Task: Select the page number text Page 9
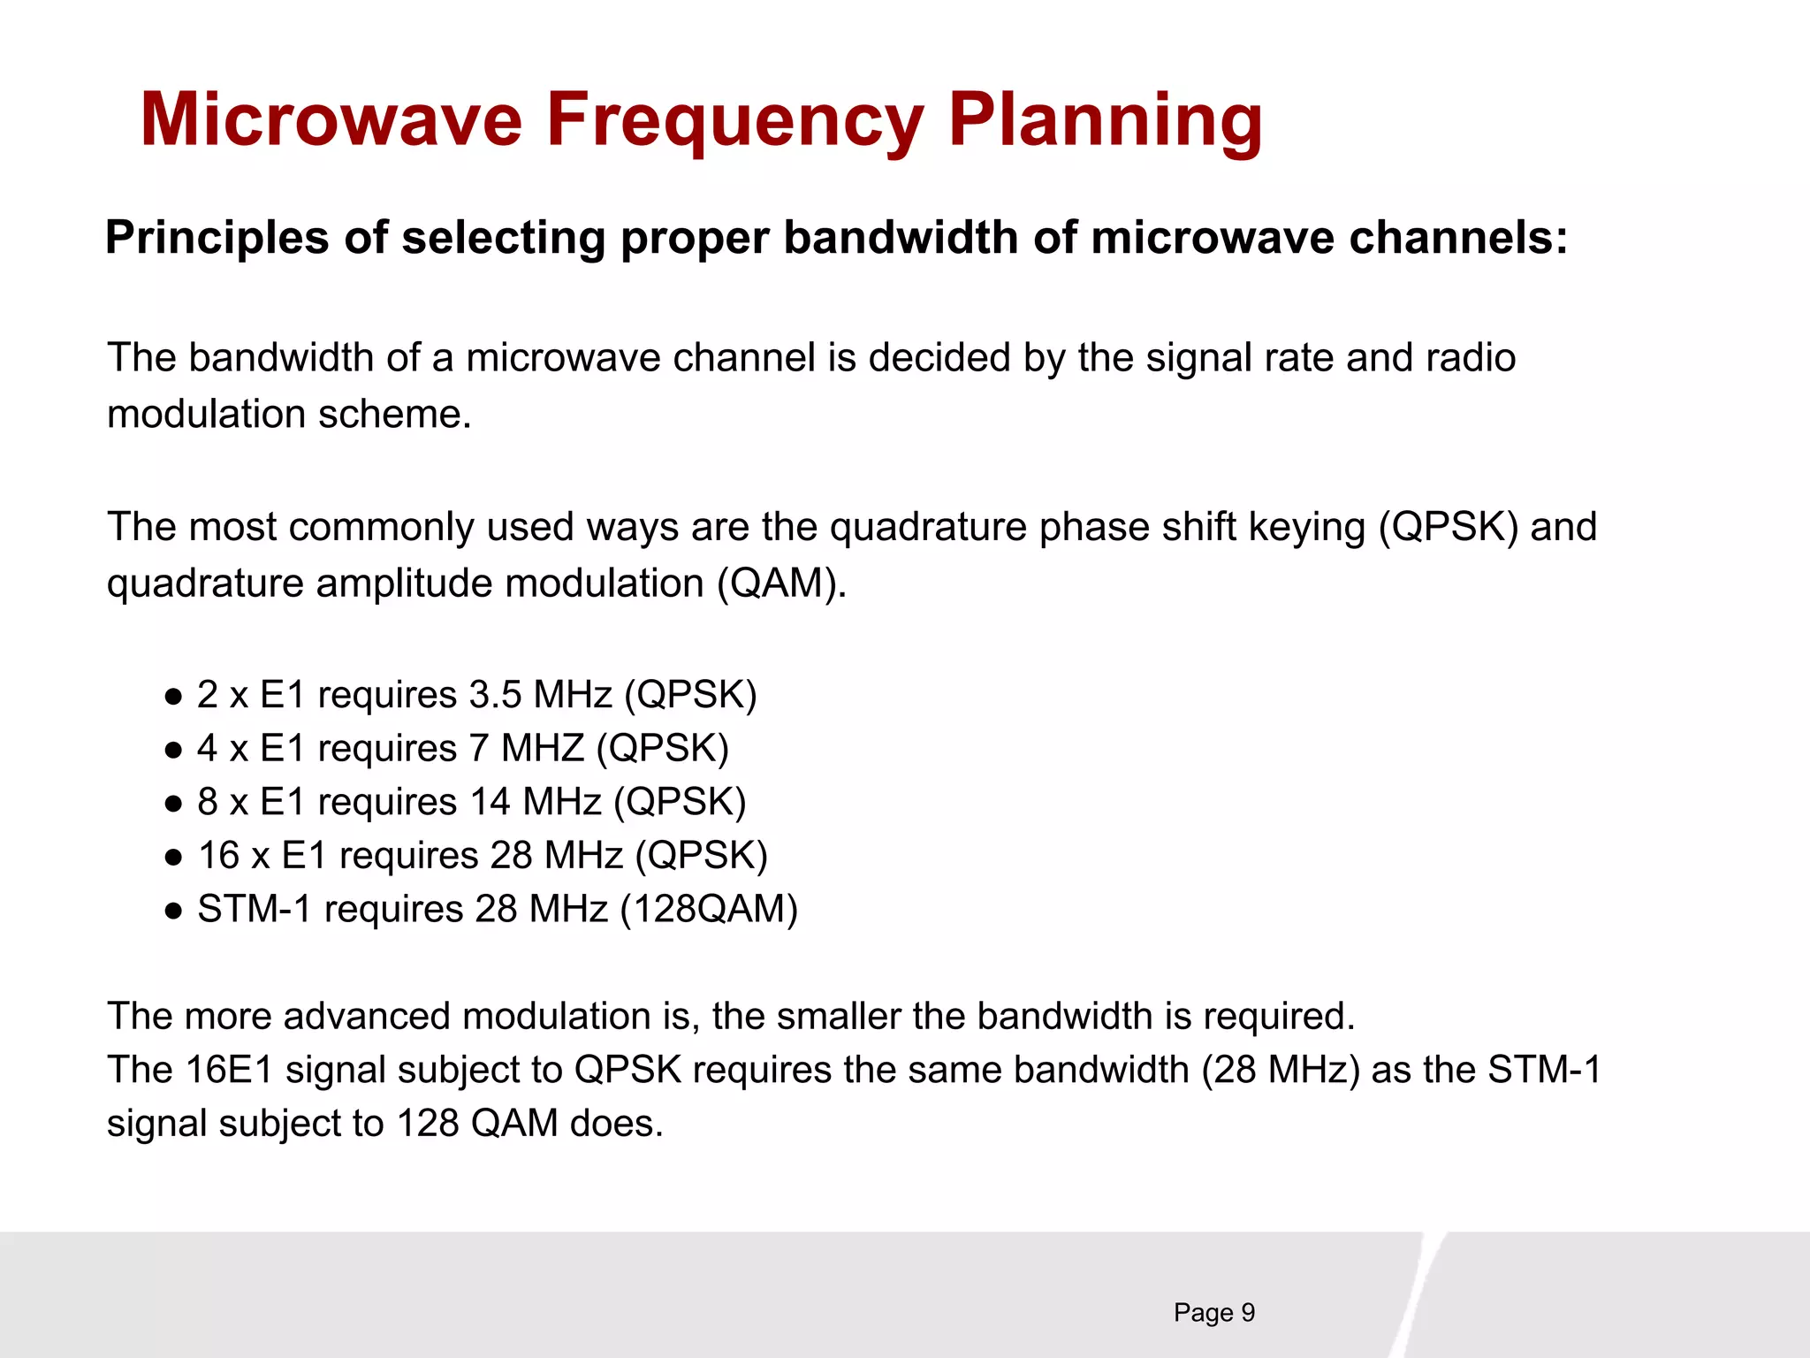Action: click(1213, 1313)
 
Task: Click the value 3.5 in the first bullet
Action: click(495, 695)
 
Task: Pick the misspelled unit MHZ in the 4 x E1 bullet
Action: click(543, 749)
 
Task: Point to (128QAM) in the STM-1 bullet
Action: click(709, 909)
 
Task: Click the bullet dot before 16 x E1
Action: click(174, 857)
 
